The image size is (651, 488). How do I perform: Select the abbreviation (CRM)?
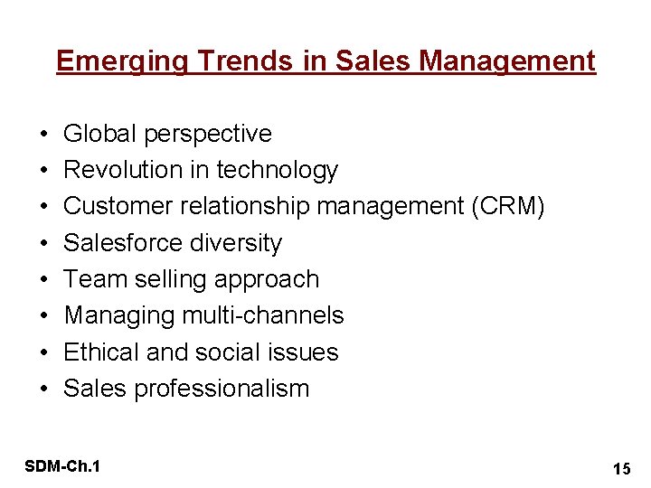click(507, 206)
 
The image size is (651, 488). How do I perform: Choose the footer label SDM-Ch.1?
click(63, 466)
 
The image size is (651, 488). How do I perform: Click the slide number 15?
click(620, 468)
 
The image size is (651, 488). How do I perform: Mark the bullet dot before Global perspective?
click(44, 135)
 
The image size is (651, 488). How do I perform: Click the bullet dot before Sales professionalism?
click(44, 389)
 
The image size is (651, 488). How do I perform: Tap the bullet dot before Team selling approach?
click(44, 280)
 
